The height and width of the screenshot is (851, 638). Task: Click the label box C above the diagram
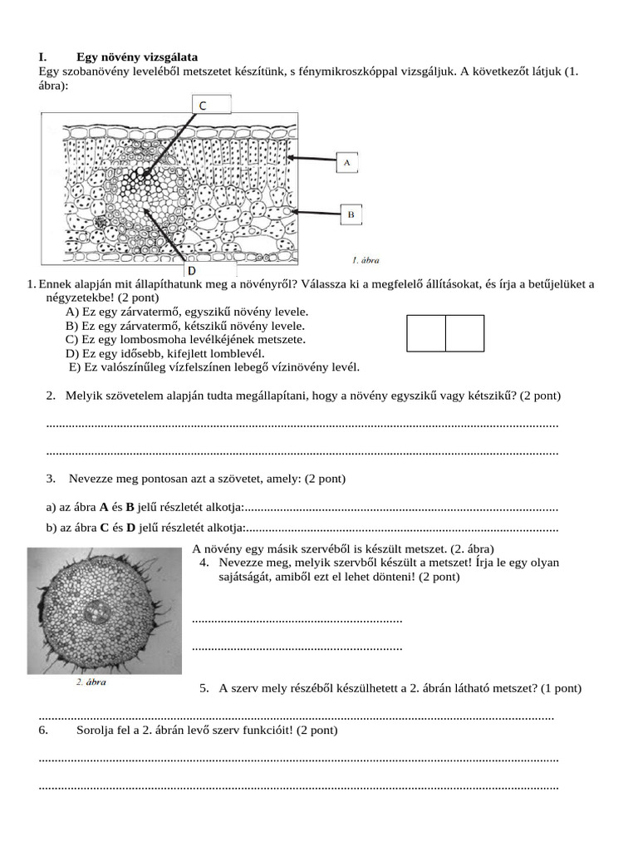(x=202, y=105)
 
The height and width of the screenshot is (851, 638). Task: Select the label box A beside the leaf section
(x=347, y=163)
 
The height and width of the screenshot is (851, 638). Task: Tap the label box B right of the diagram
(x=351, y=214)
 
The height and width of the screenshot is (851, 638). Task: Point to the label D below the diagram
(x=191, y=271)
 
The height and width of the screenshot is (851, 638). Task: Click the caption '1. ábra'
(x=366, y=260)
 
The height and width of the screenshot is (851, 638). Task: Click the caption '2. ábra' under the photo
(x=91, y=682)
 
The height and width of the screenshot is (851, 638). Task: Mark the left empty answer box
(x=426, y=333)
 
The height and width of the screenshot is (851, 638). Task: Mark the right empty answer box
(x=464, y=333)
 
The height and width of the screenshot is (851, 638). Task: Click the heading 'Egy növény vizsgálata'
(x=137, y=57)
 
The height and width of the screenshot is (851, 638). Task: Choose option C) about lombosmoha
(x=185, y=339)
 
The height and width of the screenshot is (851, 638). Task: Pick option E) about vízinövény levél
(x=214, y=366)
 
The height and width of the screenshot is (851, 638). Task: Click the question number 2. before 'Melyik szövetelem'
(x=51, y=396)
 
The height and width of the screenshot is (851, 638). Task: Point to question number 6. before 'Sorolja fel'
(x=44, y=730)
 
